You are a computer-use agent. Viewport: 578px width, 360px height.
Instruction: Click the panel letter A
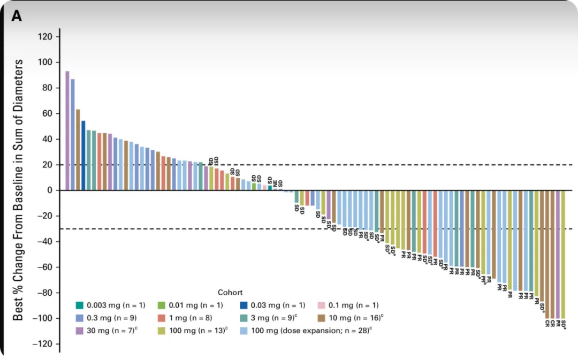point(17,17)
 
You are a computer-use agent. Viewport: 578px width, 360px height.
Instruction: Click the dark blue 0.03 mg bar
point(83,155)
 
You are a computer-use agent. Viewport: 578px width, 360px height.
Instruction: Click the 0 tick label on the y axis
point(49,190)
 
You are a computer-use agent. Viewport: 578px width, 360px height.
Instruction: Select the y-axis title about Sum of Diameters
point(18,190)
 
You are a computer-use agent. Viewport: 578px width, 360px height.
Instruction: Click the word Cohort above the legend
point(230,293)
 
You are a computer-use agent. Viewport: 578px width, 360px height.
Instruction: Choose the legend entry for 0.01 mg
point(191,305)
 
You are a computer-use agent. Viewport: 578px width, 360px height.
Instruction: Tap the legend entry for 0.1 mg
point(347,305)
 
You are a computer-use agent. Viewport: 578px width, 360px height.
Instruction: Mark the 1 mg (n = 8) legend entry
point(191,318)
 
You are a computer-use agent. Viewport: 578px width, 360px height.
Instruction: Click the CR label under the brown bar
point(547,323)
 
